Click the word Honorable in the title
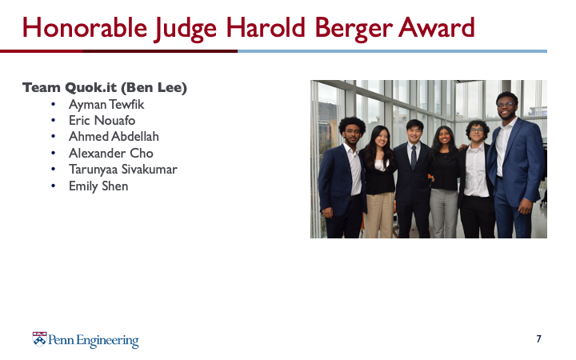[x=85, y=28]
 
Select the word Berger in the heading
[x=354, y=29]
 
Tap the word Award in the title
[x=436, y=28]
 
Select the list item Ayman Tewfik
[x=106, y=105]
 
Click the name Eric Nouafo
[x=102, y=121]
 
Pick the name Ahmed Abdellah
[x=114, y=137]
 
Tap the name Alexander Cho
[x=111, y=153]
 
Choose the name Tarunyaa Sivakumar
[x=123, y=170]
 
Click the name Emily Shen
[x=98, y=186]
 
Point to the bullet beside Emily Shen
[x=54, y=186]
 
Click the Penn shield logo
[x=40, y=339]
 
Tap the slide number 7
[x=538, y=338]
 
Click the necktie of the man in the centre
[x=414, y=157]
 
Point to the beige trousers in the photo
[x=379, y=215]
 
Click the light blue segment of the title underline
[x=392, y=51]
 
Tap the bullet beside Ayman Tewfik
[x=54, y=105]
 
